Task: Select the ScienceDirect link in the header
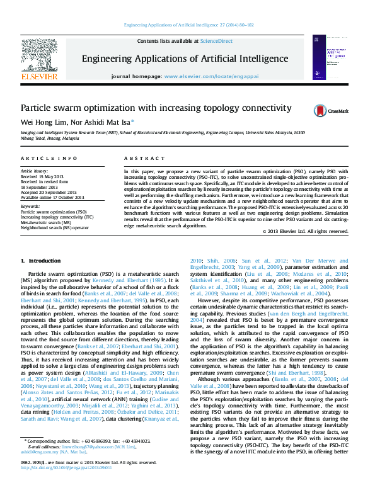click(216, 41)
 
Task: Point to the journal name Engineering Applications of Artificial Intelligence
click(185, 59)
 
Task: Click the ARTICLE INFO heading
click(49, 158)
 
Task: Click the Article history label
click(34, 171)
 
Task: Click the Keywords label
click(30, 207)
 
